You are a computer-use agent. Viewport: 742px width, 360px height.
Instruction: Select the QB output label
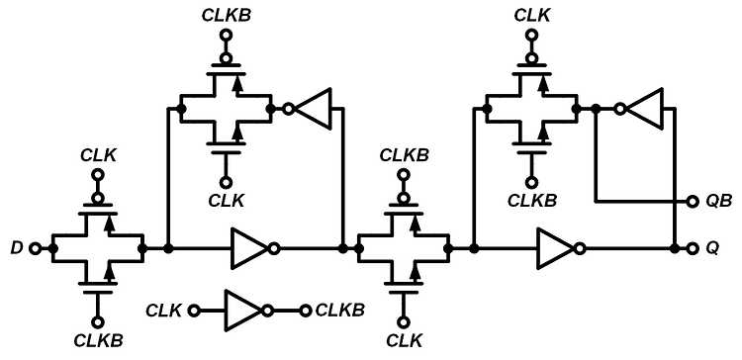pyautogui.click(x=720, y=201)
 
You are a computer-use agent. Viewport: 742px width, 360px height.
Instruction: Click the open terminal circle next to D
pyautogui.click(x=36, y=247)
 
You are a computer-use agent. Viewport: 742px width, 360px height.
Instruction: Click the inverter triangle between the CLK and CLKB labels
pyautogui.click(x=240, y=310)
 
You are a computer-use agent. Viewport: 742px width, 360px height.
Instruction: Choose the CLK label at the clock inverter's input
pyautogui.click(x=163, y=311)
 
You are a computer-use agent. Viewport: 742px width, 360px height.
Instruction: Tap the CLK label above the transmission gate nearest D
pyautogui.click(x=98, y=154)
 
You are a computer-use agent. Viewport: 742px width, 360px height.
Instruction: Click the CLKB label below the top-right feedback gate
pyautogui.click(x=532, y=201)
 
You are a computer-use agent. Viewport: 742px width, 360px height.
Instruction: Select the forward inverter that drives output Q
pyautogui.click(x=555, y=247)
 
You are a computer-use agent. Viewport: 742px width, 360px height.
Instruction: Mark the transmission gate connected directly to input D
pyautogui.click(x=98, y=247)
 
